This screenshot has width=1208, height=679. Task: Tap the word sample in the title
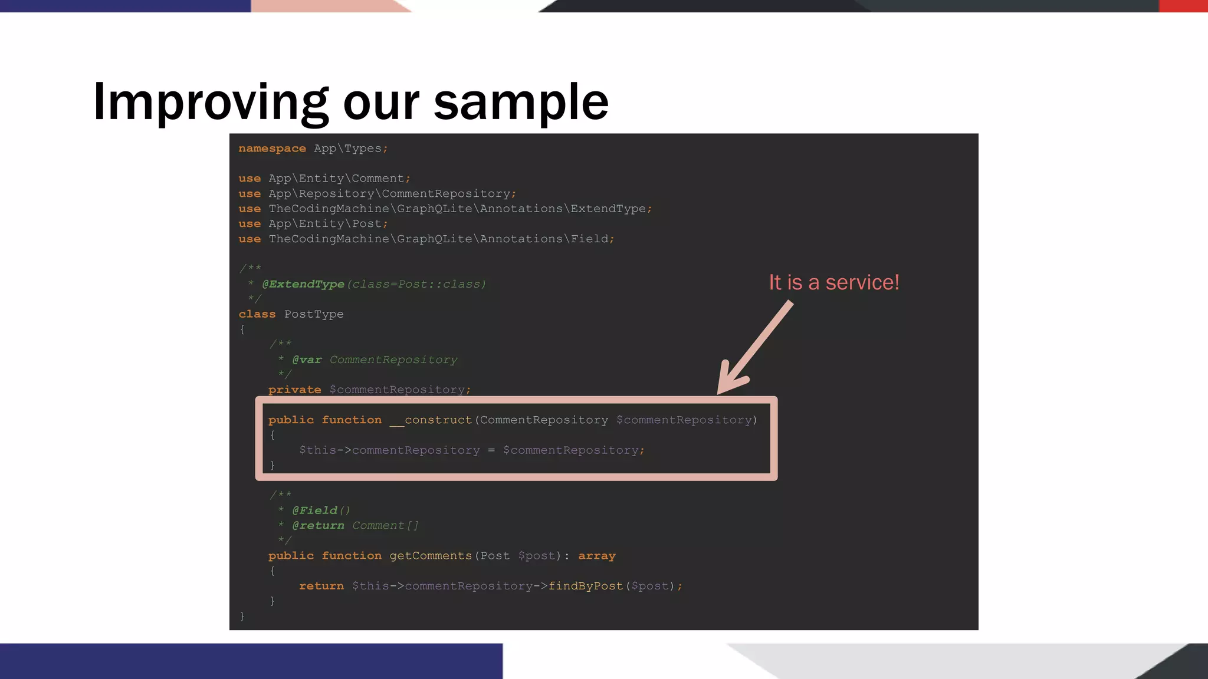tap(521, 103)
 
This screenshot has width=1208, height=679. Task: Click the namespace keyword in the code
tap(272, 149)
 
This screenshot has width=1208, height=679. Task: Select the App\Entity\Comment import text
tap(339, 179)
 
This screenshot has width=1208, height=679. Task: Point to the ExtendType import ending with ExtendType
tap(460, 209)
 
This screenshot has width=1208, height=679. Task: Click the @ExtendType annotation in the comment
tap(303, 284)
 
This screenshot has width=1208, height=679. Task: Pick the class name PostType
tap(314, 314)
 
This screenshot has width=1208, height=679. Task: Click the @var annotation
tap(307, 360)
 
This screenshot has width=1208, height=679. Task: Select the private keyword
tap(294, 390)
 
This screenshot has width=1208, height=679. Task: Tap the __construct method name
tap(431, 420)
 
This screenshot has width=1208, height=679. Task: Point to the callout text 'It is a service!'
tap(833, 282)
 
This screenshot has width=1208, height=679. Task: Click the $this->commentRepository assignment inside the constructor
tap(389, 450)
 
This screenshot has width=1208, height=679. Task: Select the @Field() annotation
tap(321, 510)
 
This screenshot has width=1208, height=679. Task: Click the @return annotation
tap(318, 525)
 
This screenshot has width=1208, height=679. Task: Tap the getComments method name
tap(431, 556)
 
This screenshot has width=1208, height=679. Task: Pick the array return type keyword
tap(596, 556)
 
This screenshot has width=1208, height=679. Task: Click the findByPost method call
tap(585, 586)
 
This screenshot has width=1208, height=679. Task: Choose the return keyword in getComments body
tap(321, 586)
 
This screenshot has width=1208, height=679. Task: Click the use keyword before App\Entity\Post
tap(250, 224)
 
